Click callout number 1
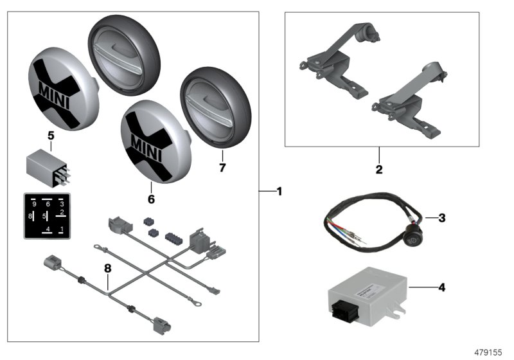point(278,191)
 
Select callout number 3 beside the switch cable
point(442,218)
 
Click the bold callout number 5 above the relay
point(51,136)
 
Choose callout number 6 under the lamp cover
point(151,199)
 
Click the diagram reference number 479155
point(490,353)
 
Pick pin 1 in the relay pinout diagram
point(61,228)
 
